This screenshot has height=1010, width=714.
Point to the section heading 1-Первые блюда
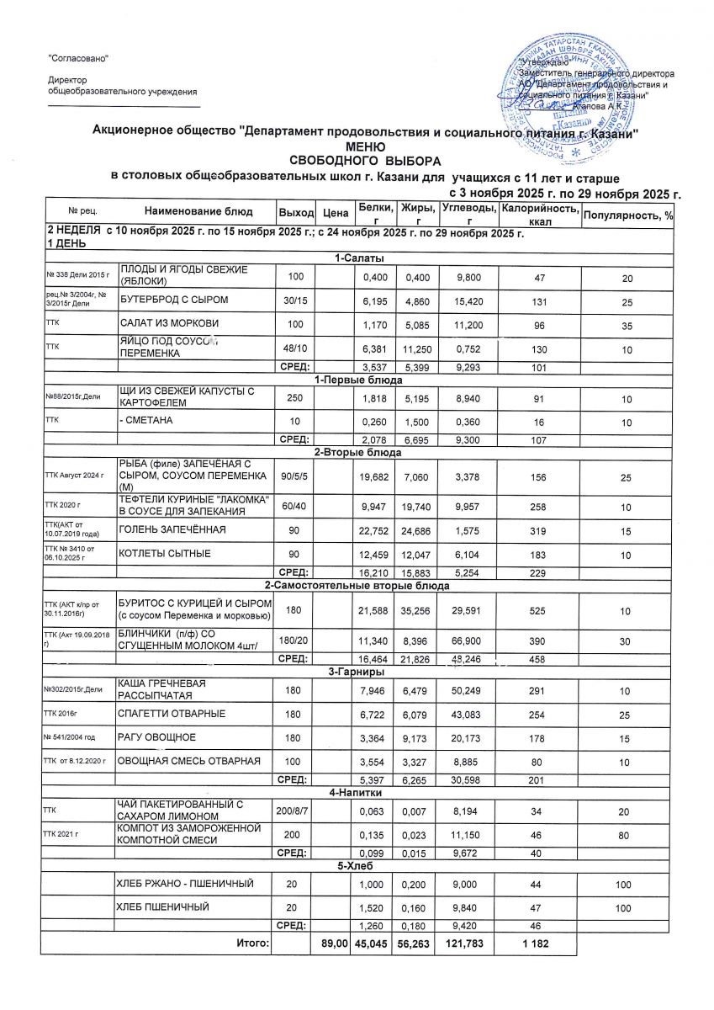pyautogui.click(x=358, y=380)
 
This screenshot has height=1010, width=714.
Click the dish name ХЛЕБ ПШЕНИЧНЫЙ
pyautogui.click(x=164, y=907)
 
